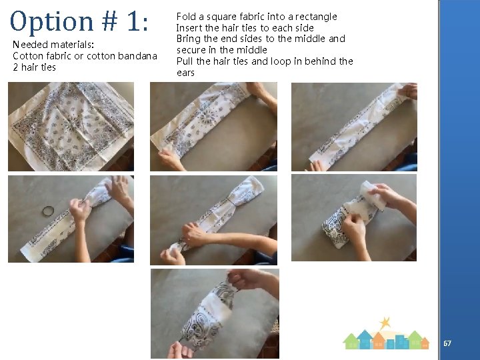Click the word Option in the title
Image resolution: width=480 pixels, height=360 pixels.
point(51,22)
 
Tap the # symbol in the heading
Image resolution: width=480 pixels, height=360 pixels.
point(109,21)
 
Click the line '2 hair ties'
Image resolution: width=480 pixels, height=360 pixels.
point(34,67)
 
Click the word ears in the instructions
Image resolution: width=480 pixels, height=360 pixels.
point(185,73)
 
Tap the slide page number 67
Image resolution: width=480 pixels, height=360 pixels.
point(447,343)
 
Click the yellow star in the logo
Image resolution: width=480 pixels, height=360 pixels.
point(385,323)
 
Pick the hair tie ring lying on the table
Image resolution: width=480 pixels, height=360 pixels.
point(49,211)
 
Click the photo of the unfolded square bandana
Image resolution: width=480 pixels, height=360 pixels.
point(71,127)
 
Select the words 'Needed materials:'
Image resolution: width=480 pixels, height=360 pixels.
point(53,45)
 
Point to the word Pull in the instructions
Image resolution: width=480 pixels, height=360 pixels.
point(185,61)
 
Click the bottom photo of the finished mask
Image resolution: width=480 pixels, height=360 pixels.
point(215,314)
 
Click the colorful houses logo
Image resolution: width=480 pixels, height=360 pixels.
point(386,333)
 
